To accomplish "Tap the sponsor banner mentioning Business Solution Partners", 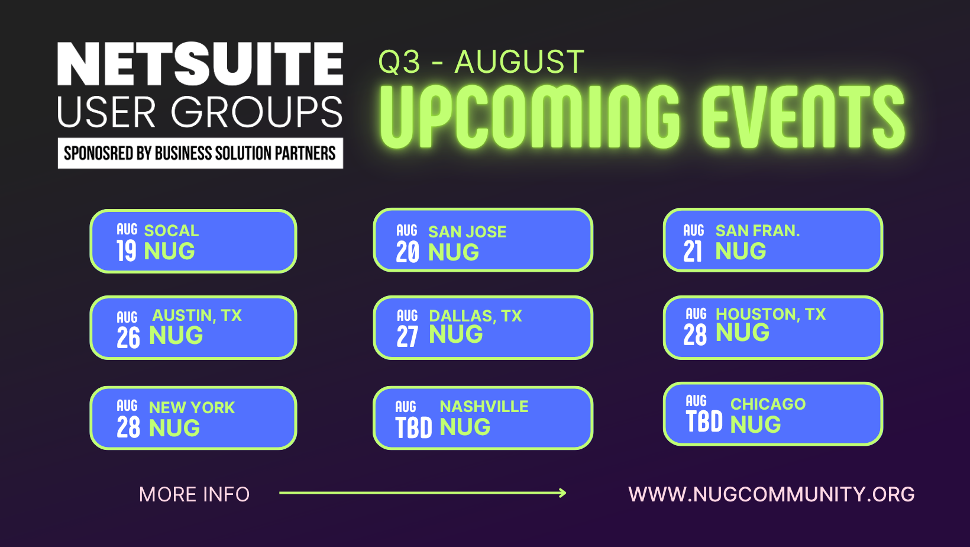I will click(x=200, y=153).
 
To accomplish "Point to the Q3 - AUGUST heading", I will click(x=481, y=62).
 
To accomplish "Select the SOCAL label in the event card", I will click(x=172, y=230).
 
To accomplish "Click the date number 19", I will click(x=126, y=251).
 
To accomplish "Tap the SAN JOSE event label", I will click(x=467, y=231).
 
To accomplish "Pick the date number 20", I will click(x=408, y=253).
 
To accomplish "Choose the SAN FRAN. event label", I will click(x=757, y=230).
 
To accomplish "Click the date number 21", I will click(x=693, y=252).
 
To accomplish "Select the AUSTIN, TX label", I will click(x=197, y=315).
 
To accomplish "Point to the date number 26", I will click(x=128, y=337).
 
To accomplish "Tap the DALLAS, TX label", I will click(x=476, y=316).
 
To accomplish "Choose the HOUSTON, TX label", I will click(x=771, y=314).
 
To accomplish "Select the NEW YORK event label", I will click(x=192, y=407).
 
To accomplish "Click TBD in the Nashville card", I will click(x=413, y=427).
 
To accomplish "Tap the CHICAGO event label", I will click(x=768, y=404).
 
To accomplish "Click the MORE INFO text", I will click(x=194, y=494).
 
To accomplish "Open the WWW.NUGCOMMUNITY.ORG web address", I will click(x=771, y=494).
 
